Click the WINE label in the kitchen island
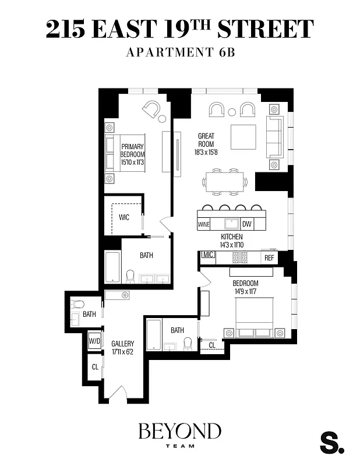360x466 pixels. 204,224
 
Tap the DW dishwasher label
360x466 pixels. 246,224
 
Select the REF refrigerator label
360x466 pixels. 269,257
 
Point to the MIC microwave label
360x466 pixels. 207,255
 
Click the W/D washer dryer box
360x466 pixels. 94,340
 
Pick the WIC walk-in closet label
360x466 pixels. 123,218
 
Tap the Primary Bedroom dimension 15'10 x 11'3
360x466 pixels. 132,163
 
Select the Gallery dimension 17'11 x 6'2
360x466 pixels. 123,352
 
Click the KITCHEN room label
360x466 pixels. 231,238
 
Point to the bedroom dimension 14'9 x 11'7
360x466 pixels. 245,291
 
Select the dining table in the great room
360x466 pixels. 225,182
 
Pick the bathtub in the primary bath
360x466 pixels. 112,267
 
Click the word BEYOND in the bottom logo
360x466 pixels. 179,432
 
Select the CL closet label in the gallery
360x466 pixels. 94,368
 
